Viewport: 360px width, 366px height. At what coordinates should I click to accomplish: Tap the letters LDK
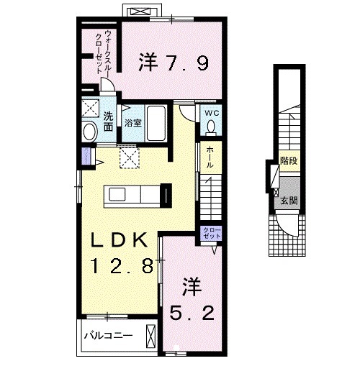(120, 240)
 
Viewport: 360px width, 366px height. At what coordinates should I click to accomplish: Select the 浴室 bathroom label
(132, 123)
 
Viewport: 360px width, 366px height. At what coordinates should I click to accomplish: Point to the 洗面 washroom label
(107, 122)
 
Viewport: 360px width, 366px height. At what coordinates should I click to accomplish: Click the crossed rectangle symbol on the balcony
(150, 337)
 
